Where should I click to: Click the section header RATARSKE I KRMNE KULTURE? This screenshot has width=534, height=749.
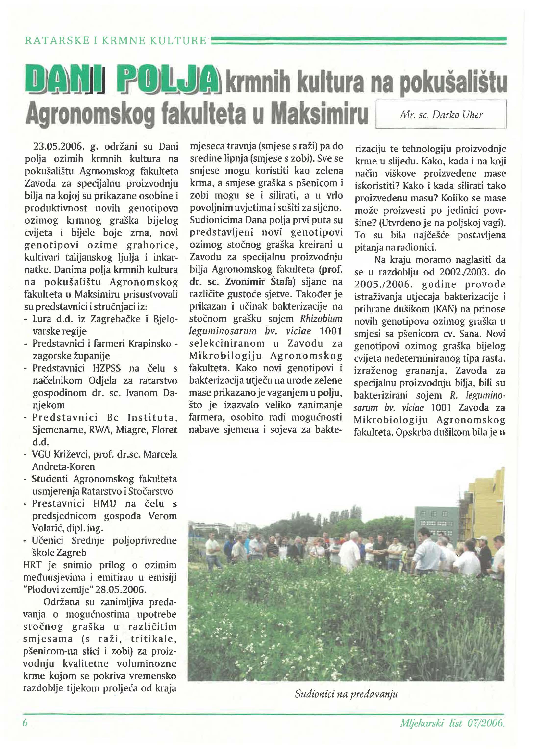pyautogui.click(x=116, y=41)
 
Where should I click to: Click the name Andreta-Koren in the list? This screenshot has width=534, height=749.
pyautogui.click(x=63, y=467)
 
